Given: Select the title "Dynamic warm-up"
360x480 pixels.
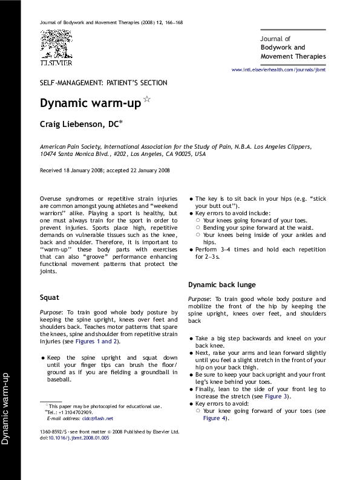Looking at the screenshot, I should click(90, 103).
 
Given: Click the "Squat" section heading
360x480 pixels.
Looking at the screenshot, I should click(49, 297).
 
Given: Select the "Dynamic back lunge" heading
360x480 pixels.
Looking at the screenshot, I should click(221, 284).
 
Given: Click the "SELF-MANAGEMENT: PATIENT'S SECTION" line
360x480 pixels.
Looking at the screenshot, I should click(103, 83).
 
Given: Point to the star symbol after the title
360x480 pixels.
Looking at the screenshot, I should click(146, 99).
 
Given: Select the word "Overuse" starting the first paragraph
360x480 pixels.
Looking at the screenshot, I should click(51, 199).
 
